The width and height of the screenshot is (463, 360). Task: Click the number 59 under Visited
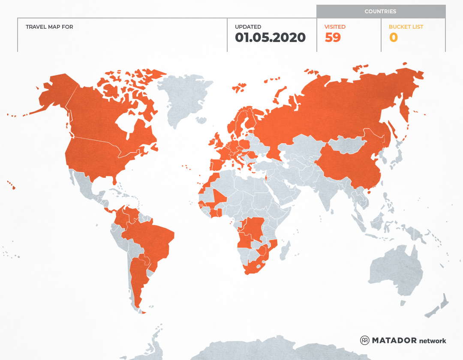tap(333, 38)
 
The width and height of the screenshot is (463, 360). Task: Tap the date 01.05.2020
tap(270, 38)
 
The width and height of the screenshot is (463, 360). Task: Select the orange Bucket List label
tap(406, 27)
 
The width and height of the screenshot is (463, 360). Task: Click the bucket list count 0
tap(394, 38)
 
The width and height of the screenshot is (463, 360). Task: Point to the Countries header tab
tap(380, 12)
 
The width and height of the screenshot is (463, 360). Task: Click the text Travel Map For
tap(49, 27)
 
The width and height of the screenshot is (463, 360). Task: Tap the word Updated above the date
tap(248, 27)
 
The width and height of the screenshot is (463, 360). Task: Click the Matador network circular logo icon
tap(364, 340)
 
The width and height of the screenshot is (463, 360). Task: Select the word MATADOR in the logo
tap(394, 340)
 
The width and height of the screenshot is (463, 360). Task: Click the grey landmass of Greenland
tap(184, 99)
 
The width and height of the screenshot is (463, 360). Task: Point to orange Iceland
tap(238, 88)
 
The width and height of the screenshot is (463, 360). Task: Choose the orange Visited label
tap(335, 27)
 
